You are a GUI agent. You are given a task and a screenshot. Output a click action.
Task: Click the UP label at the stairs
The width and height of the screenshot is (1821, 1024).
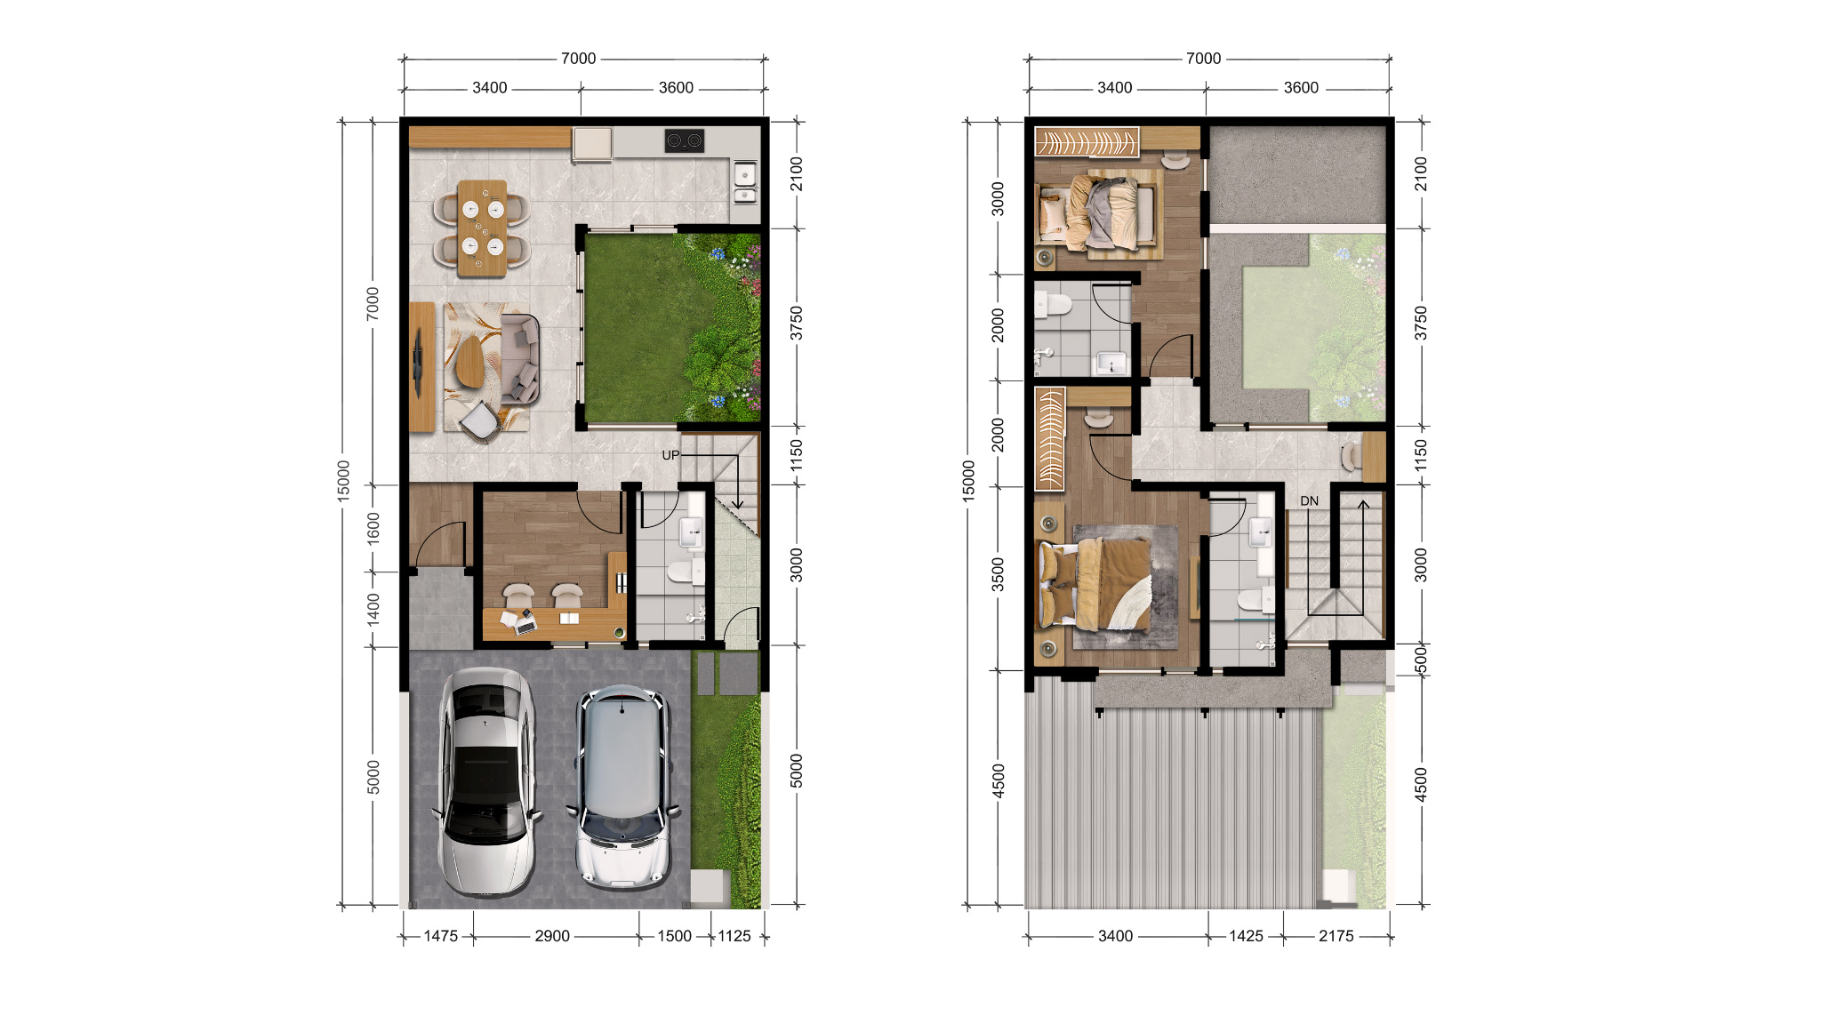click(x=670, y=455)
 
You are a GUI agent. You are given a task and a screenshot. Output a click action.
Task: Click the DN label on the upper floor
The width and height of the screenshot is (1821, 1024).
click(x=1309, y=501)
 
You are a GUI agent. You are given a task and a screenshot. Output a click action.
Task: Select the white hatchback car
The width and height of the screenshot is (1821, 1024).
click(x=622, y=788)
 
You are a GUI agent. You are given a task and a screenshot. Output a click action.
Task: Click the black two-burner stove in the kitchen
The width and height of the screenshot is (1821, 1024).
click(x=684, y=140)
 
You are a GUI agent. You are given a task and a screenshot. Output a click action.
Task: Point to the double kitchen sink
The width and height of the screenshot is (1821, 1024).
click(x=745, y=182)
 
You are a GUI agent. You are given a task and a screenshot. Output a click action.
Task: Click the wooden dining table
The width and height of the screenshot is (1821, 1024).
click(x=482, y=228)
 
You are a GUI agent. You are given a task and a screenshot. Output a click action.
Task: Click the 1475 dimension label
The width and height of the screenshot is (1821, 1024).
click(x=440, y=936)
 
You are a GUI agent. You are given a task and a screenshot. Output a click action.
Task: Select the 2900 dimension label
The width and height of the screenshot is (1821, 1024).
click(x=552, y=936)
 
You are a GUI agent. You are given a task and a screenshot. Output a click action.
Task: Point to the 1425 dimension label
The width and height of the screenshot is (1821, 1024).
click(x=1246, y=936)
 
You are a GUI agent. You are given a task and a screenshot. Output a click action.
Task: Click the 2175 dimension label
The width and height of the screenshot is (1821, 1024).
click(x=1336, y=936)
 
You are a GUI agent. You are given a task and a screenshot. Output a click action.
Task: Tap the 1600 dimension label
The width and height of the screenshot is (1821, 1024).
click(x=373, y=528)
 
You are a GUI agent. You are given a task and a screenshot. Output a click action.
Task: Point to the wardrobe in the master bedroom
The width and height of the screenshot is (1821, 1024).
click(x=1050, y=438)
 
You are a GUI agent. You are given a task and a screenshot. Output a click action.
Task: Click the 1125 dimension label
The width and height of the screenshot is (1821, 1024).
click(x=734, y=936)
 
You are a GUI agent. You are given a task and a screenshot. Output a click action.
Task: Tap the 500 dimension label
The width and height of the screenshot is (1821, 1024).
click(x=1421, y=660)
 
